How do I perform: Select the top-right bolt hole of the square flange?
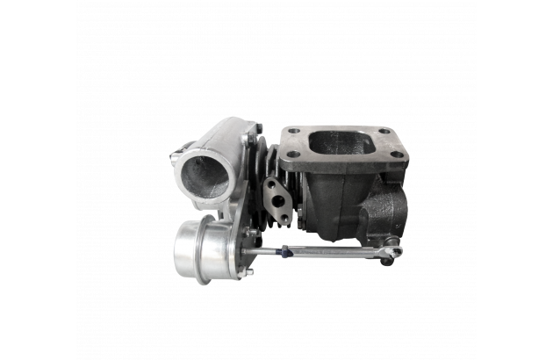[384, 132]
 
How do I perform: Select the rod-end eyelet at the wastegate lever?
[391, 253]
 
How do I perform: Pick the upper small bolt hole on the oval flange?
[271, 185]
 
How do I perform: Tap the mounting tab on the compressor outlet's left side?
[176, 158]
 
